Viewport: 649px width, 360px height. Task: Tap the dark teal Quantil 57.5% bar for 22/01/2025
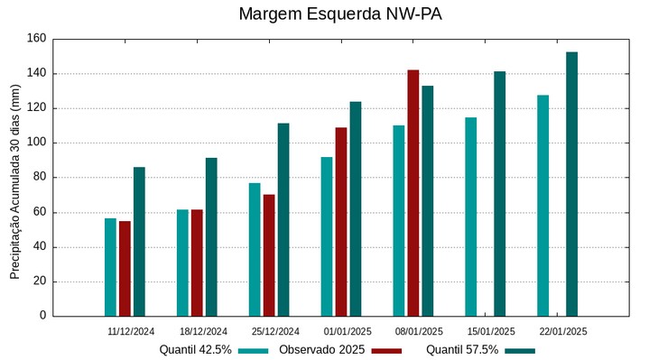point(571,184)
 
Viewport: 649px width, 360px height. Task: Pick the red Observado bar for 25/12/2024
point(269,255)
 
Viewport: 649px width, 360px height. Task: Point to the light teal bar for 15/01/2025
point(470,217)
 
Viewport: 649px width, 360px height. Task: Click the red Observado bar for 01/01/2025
point(340,221)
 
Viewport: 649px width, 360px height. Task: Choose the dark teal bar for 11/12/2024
point(139,241)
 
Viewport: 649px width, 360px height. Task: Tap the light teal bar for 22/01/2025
point(542,206)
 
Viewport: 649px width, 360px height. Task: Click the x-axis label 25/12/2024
point(275,331)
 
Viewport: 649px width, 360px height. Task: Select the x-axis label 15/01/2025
point(491,331)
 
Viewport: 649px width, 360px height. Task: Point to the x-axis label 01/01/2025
point(348,331)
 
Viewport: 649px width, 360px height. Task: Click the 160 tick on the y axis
point(36,39)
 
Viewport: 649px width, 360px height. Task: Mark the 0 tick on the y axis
point(42,316)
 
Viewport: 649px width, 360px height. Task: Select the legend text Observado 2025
point(320,350)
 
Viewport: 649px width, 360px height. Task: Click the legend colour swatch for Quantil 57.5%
point(519,350)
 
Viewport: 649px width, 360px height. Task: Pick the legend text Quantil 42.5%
point(196,350)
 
